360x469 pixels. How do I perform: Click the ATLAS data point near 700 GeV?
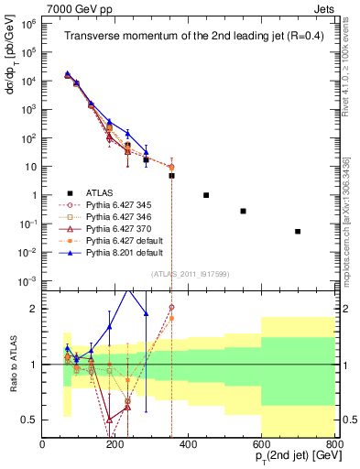[298, 232]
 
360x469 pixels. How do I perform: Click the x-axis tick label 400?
[189, 444]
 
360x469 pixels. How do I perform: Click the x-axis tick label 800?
[334, 444]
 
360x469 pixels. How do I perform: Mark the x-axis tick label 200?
[115, 444]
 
